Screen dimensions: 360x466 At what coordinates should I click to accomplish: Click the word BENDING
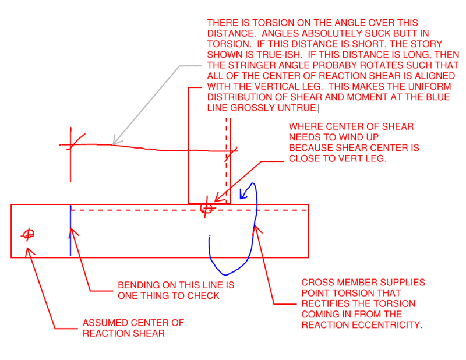click(137, 285)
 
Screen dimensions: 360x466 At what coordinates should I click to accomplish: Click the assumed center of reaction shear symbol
click(27, 234)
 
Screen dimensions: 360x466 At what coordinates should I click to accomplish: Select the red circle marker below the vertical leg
click(206, 208)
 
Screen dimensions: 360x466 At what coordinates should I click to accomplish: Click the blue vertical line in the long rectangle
click(70, 233)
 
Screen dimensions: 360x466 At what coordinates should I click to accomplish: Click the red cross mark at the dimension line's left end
click(71, 144)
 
